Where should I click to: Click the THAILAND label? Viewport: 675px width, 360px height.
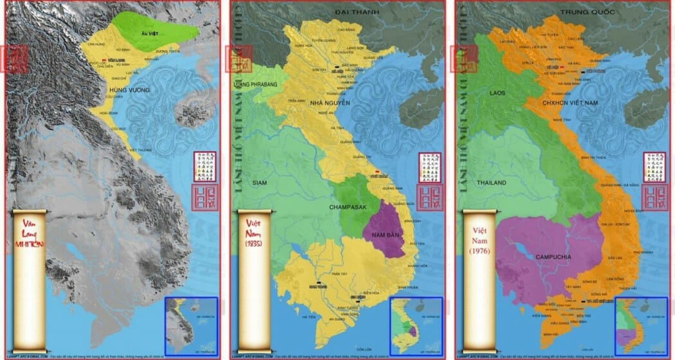(491, 183)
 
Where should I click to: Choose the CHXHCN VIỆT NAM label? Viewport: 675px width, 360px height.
(571, 102)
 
